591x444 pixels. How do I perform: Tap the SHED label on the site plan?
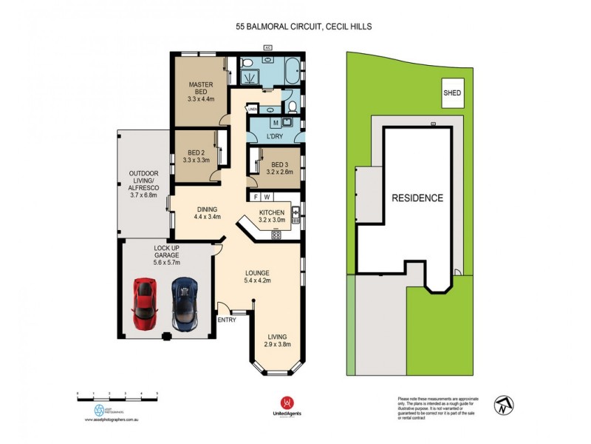[451, 93]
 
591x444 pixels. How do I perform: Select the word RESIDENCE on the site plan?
[417, 198]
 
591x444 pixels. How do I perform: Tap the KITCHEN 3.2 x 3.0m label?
[270, 215]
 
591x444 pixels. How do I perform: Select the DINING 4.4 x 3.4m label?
[208, 212]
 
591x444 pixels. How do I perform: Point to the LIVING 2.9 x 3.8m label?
[278, 339]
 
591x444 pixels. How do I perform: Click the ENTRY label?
[226, 320]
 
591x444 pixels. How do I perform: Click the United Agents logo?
[284, 405]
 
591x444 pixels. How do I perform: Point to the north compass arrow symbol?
[505, 405]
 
